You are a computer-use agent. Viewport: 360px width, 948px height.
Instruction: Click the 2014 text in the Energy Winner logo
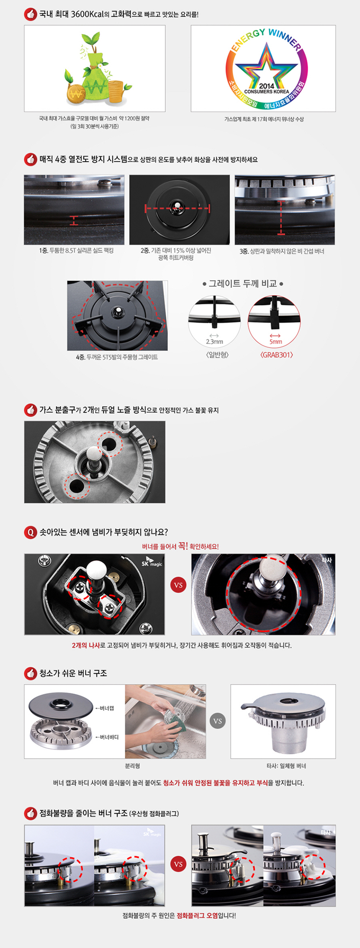pos(267,85)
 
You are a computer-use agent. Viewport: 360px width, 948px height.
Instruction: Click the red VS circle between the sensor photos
pos(178,585)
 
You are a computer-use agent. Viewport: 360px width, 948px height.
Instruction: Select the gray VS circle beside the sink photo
pos(218,721)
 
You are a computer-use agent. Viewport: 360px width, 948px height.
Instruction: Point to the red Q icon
pos(30,532)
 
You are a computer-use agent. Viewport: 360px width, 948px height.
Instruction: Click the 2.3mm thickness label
pos(214,342)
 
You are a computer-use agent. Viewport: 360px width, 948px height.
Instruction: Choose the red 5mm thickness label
pos(275,342)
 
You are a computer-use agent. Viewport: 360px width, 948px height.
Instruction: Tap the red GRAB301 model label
pos(276,355)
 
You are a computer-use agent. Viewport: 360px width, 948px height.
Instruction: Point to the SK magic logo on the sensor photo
pos(152,562)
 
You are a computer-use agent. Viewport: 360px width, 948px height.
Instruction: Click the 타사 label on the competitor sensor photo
pos(327,560)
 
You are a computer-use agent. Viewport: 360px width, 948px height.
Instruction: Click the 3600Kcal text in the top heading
pos(87,14)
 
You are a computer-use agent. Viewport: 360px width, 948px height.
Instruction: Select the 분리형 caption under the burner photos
pos(132,766)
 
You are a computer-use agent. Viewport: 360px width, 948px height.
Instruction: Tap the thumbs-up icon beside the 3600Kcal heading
pos(30,14)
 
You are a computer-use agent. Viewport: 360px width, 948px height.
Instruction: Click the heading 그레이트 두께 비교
pos(243,284)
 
